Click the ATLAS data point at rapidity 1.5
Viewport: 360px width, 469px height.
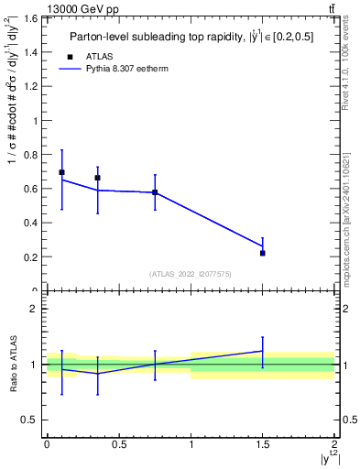click(263, 253)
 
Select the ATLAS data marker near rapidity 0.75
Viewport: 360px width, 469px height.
click(155, 192)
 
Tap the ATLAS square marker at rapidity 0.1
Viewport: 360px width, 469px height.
click(61, 172)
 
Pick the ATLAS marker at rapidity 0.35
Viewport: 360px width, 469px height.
click(97, 178)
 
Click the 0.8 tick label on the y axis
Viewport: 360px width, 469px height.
click(32, 155)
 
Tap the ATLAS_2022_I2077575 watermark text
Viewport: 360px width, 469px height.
click(190, 274)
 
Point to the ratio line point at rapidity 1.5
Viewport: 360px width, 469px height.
click(263, 351)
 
